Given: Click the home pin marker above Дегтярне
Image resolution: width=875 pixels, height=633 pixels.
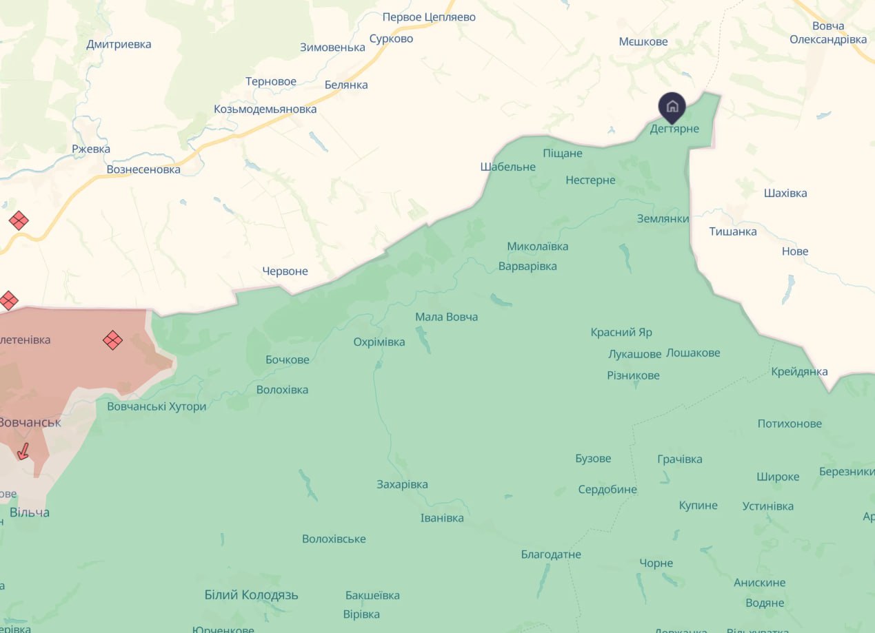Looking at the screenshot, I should [x=672, y=107].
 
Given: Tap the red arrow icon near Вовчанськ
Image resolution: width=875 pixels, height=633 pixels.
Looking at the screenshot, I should [x=23, y=452].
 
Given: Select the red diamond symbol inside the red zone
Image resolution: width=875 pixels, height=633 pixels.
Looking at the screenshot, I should [x=112, y=340].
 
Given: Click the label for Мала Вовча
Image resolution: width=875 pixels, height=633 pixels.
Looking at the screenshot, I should [x=446, y=317].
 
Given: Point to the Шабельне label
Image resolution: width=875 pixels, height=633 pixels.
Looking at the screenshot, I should [x=507, y=167].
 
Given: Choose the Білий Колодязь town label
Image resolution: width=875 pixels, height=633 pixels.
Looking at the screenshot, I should [x=251, y=594].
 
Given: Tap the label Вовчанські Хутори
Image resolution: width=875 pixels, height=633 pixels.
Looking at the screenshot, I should [x=157, y=406].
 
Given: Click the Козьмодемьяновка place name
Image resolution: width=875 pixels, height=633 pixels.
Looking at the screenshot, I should [x=265, y=109].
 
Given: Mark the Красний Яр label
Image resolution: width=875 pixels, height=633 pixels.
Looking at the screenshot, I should [x=621, y=332].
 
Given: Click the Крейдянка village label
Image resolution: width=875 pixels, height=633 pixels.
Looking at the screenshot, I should [x=799, y=371].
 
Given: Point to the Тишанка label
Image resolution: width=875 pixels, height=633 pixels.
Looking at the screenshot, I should [x=733, y=231].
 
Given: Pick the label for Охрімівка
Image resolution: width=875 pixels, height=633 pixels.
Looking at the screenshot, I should [x=379, y=342].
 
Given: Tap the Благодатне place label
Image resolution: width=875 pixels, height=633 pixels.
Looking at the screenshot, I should [x=551, y=554].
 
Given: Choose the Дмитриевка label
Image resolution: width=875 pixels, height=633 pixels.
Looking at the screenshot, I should [x=119, y=44].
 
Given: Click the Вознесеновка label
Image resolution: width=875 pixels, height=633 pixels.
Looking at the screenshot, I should [x=143, y=169].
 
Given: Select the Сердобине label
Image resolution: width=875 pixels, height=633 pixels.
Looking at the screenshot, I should [x=607, y=490].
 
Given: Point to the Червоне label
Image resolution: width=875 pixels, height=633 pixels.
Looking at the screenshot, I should [x=285, y=271].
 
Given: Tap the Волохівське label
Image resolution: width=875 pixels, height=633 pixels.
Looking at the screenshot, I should [x=334, y=539].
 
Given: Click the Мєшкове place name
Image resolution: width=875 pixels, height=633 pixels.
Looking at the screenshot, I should [x=643, y=41].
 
